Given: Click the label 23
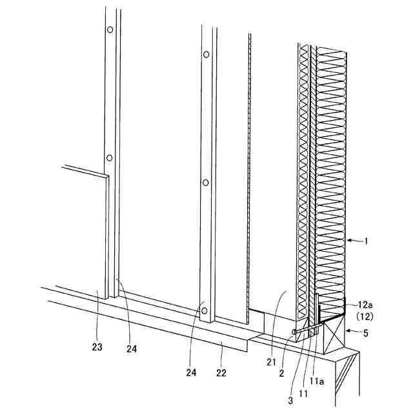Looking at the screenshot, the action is (x=97, y=347).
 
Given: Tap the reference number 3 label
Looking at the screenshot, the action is (x=290, y=399).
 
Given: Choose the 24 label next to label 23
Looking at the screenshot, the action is (x=132, y=349).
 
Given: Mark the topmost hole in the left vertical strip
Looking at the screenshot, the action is (x=110, y=30).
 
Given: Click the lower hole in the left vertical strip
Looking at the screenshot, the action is (x=110, y=157).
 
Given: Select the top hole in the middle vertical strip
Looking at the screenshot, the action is (x=206, y=55).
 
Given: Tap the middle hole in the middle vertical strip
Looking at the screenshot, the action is (x=205, y=183).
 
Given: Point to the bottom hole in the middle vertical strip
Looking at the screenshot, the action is (x=205, y=310).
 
